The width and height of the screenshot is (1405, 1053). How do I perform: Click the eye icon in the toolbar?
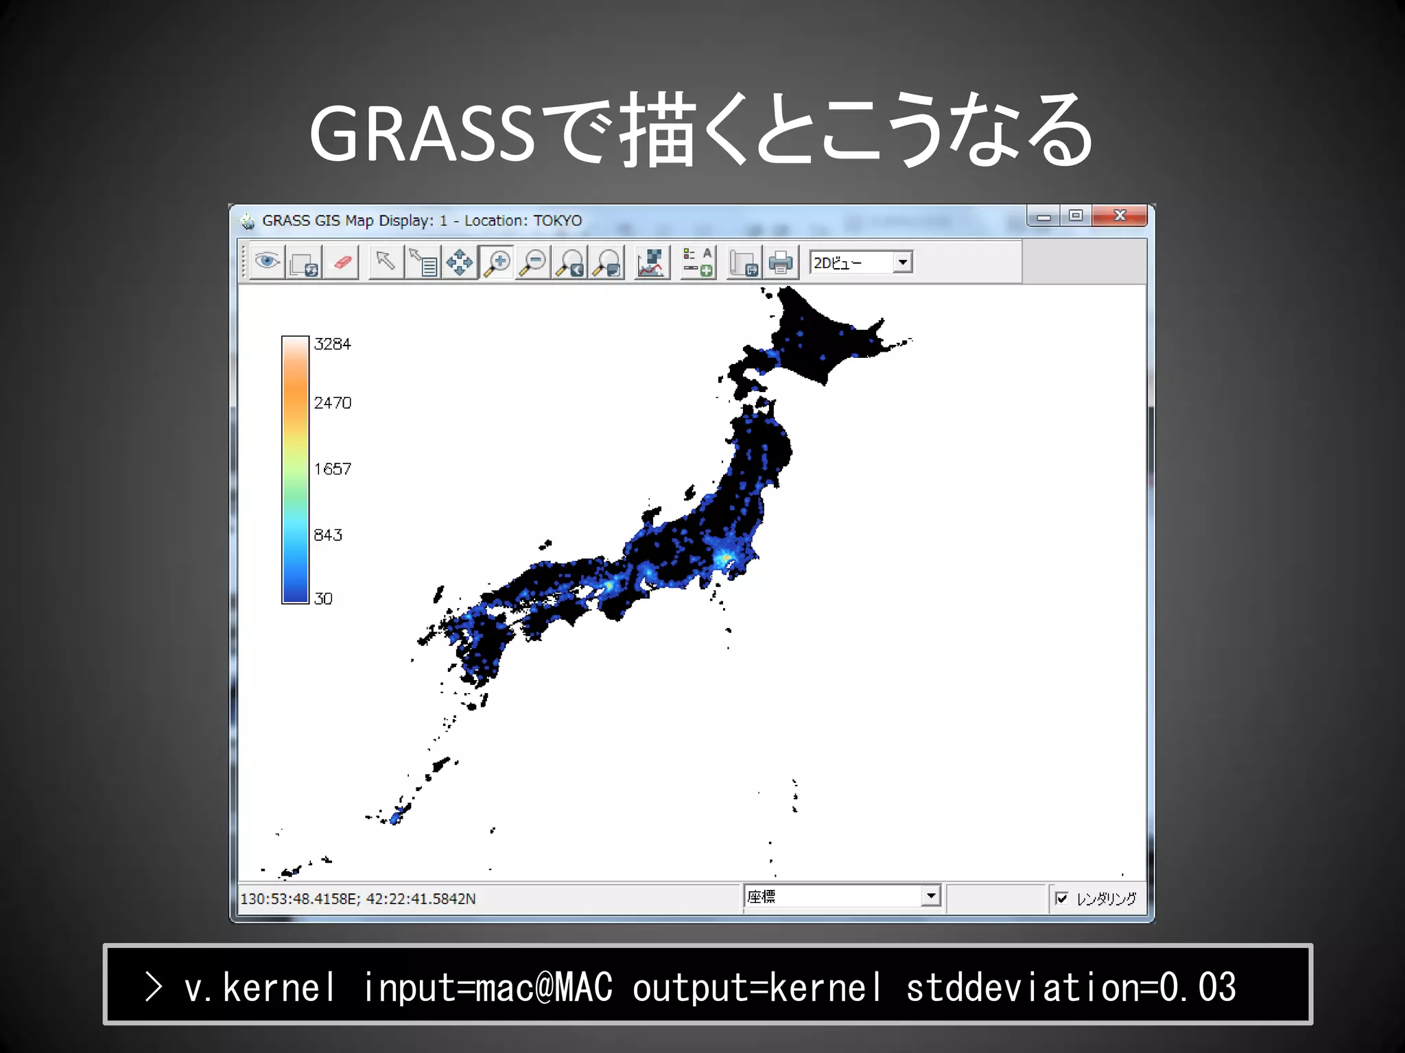[x=267, y=262]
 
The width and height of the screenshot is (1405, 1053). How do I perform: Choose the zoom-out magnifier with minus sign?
[x=533, y=262]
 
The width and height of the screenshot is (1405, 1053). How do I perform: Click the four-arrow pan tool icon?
[x=459, y=262]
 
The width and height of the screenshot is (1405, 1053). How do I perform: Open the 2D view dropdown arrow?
[x=903, y=262]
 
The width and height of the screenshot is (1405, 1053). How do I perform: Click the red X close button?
[x=1120, y=215]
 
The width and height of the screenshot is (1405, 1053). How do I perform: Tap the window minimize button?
[x=1043, y=216]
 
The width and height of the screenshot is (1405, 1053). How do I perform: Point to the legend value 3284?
[x=332, y=344]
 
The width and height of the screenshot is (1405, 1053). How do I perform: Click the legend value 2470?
[x=332, y=403]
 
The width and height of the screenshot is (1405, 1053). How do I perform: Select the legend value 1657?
[x=332, y=470]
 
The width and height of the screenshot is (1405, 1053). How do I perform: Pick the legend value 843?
[x=328, y=535]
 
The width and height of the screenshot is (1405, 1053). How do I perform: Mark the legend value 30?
[x=323, y=599]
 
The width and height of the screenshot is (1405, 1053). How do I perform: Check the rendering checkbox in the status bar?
[x=1062, y=898]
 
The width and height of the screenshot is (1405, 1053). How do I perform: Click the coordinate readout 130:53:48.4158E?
[x=299, y=899]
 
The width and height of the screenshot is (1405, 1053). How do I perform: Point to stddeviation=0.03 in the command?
[x=1070, y=987]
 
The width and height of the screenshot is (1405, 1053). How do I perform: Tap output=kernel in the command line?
[x=757, y=987]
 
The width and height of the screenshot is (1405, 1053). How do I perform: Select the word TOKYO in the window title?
[x=557, y=221]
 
